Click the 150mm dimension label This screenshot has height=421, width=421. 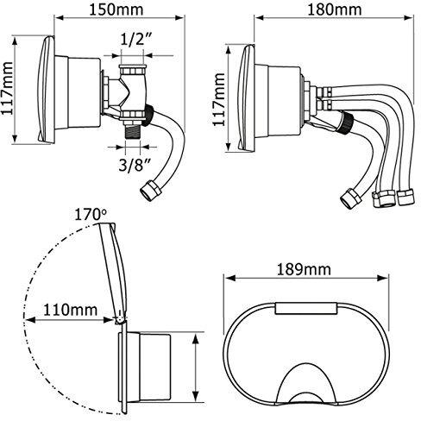(x=116, y=9)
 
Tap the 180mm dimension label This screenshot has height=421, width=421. (x=335, y=9)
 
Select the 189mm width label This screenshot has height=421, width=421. (x=304, y=269)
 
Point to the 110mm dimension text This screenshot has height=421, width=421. (x=70, y=310)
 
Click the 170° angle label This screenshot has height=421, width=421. (x=91, y=215)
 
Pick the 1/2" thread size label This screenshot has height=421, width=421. (x=135, y=40)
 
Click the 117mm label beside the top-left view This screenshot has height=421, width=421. (x=7, y=89)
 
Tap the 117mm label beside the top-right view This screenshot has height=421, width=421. (x=218, y=99)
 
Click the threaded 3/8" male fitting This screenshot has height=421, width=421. (x=133, y=131)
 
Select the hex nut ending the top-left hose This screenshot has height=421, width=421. (x=149, y=190)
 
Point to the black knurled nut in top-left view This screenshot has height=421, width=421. (x=148, y=116)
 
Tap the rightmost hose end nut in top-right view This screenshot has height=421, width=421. (x=405, y=197)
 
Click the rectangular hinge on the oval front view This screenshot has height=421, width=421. (x=306, y=308)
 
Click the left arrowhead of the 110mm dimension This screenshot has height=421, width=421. (x=30, y=320)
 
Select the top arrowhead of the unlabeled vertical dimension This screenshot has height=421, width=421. (x=195, y=339)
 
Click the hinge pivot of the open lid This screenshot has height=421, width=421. (x=120, y=319)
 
